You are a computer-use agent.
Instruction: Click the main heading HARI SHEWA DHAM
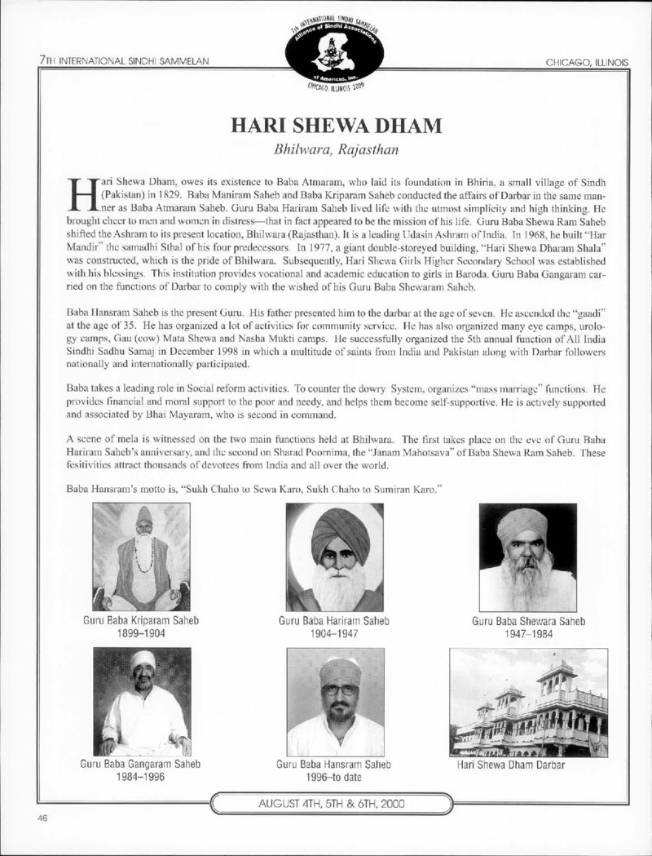(x=326, y=127)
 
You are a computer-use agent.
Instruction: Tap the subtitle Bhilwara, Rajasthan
(x=326, y=150)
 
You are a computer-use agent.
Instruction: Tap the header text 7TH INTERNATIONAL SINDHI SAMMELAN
(x=125, y=62)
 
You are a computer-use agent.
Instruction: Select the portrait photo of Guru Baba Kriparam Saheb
(x=141, y=557)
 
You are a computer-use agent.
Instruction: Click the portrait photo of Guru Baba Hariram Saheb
(x=335, y=557)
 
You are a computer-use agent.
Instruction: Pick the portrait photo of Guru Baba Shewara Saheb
(x=527, y=557)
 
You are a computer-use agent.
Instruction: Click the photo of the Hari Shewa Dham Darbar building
(x=528, y=702)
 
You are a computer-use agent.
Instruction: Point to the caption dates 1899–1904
(x=141, y=634)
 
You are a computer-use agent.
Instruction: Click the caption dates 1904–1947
(x=335, y=634)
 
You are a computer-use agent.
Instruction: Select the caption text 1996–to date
(x=335, y=778)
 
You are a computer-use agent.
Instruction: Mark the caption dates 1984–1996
(x=141, y=778)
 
